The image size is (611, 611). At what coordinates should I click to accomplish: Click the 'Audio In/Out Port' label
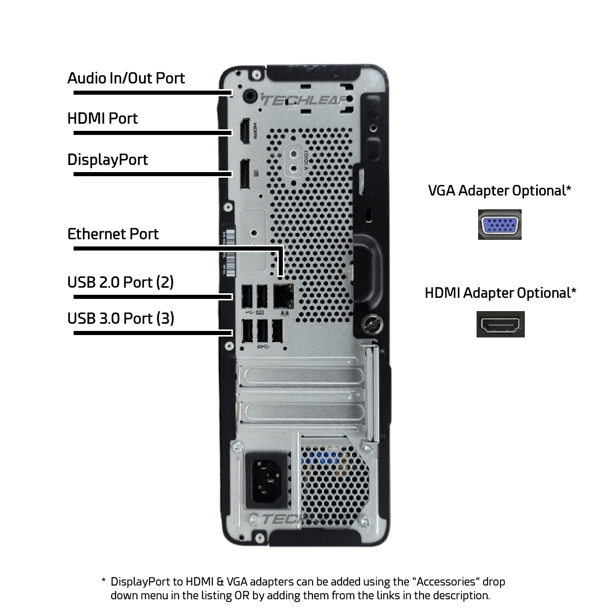(x=126, y=78)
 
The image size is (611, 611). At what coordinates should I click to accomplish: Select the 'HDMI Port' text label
(x=102, y=119)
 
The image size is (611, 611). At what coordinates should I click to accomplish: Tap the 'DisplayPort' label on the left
(x=107, y=160)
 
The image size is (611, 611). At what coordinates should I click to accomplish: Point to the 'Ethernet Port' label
(x=113, y=234)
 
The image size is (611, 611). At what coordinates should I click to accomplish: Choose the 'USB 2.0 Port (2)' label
(x=121, y=282)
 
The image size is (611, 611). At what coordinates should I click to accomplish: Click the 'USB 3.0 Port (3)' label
(x=121, y=319)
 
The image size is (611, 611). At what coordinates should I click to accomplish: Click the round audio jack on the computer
(x=251, y=95)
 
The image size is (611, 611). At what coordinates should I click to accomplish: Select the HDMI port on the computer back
(x=244, y=130)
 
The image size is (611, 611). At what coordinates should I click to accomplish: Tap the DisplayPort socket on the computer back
(x=244, y=173)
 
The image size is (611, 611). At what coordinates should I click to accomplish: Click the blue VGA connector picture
(x=499, y=225)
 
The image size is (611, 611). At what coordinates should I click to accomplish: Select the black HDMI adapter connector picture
(x=500, y=324)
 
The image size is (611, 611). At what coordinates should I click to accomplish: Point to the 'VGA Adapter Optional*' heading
(x=499, y=191)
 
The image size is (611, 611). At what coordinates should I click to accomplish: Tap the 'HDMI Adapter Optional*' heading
(x=501, y=293)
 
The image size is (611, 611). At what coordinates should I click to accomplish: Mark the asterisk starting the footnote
(x=103, y=581)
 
